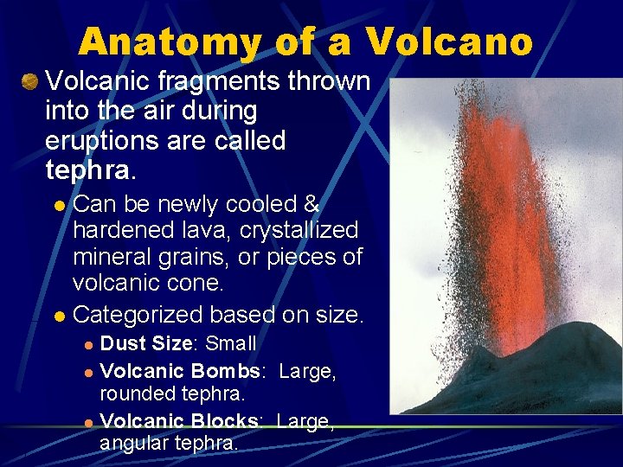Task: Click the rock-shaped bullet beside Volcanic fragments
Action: pyautogui.click(x=30, y=82)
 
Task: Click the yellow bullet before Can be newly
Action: pyautogui.click(x=59, y=206)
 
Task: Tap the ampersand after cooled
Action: pyautogui.click(x=311, y=205)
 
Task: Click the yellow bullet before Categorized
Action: pyautogui.click(x=59, y=317)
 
